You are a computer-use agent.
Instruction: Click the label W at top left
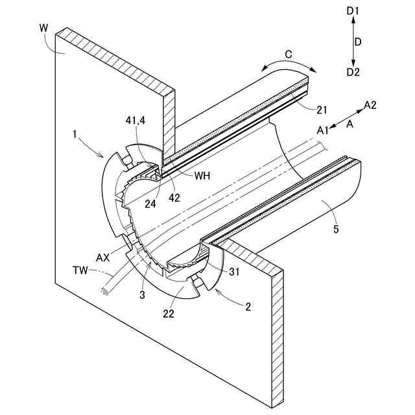click(43, 29)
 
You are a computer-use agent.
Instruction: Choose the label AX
click(103, 257)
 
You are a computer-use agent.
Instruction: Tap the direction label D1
click(353, 10)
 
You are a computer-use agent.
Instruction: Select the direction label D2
click(353, 71)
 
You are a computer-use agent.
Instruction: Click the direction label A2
click(371, 104)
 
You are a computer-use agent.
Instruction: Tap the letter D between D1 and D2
click(358, 41)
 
